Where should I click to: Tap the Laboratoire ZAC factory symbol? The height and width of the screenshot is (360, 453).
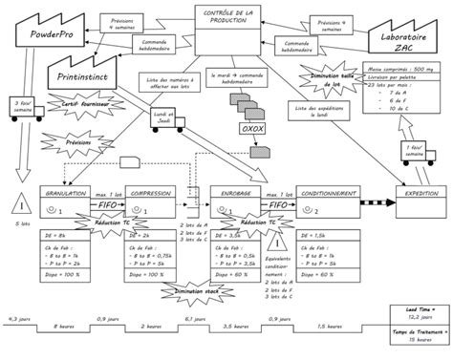401,39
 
